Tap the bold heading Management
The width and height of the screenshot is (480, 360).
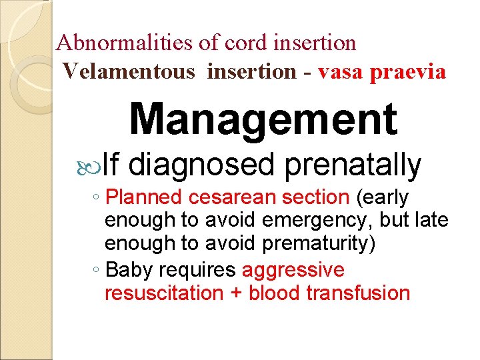coord(263,119)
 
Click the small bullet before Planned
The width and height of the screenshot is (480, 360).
coord(97,197)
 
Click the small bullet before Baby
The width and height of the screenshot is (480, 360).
coord(97,270)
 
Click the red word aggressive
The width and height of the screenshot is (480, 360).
coord(293,271)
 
